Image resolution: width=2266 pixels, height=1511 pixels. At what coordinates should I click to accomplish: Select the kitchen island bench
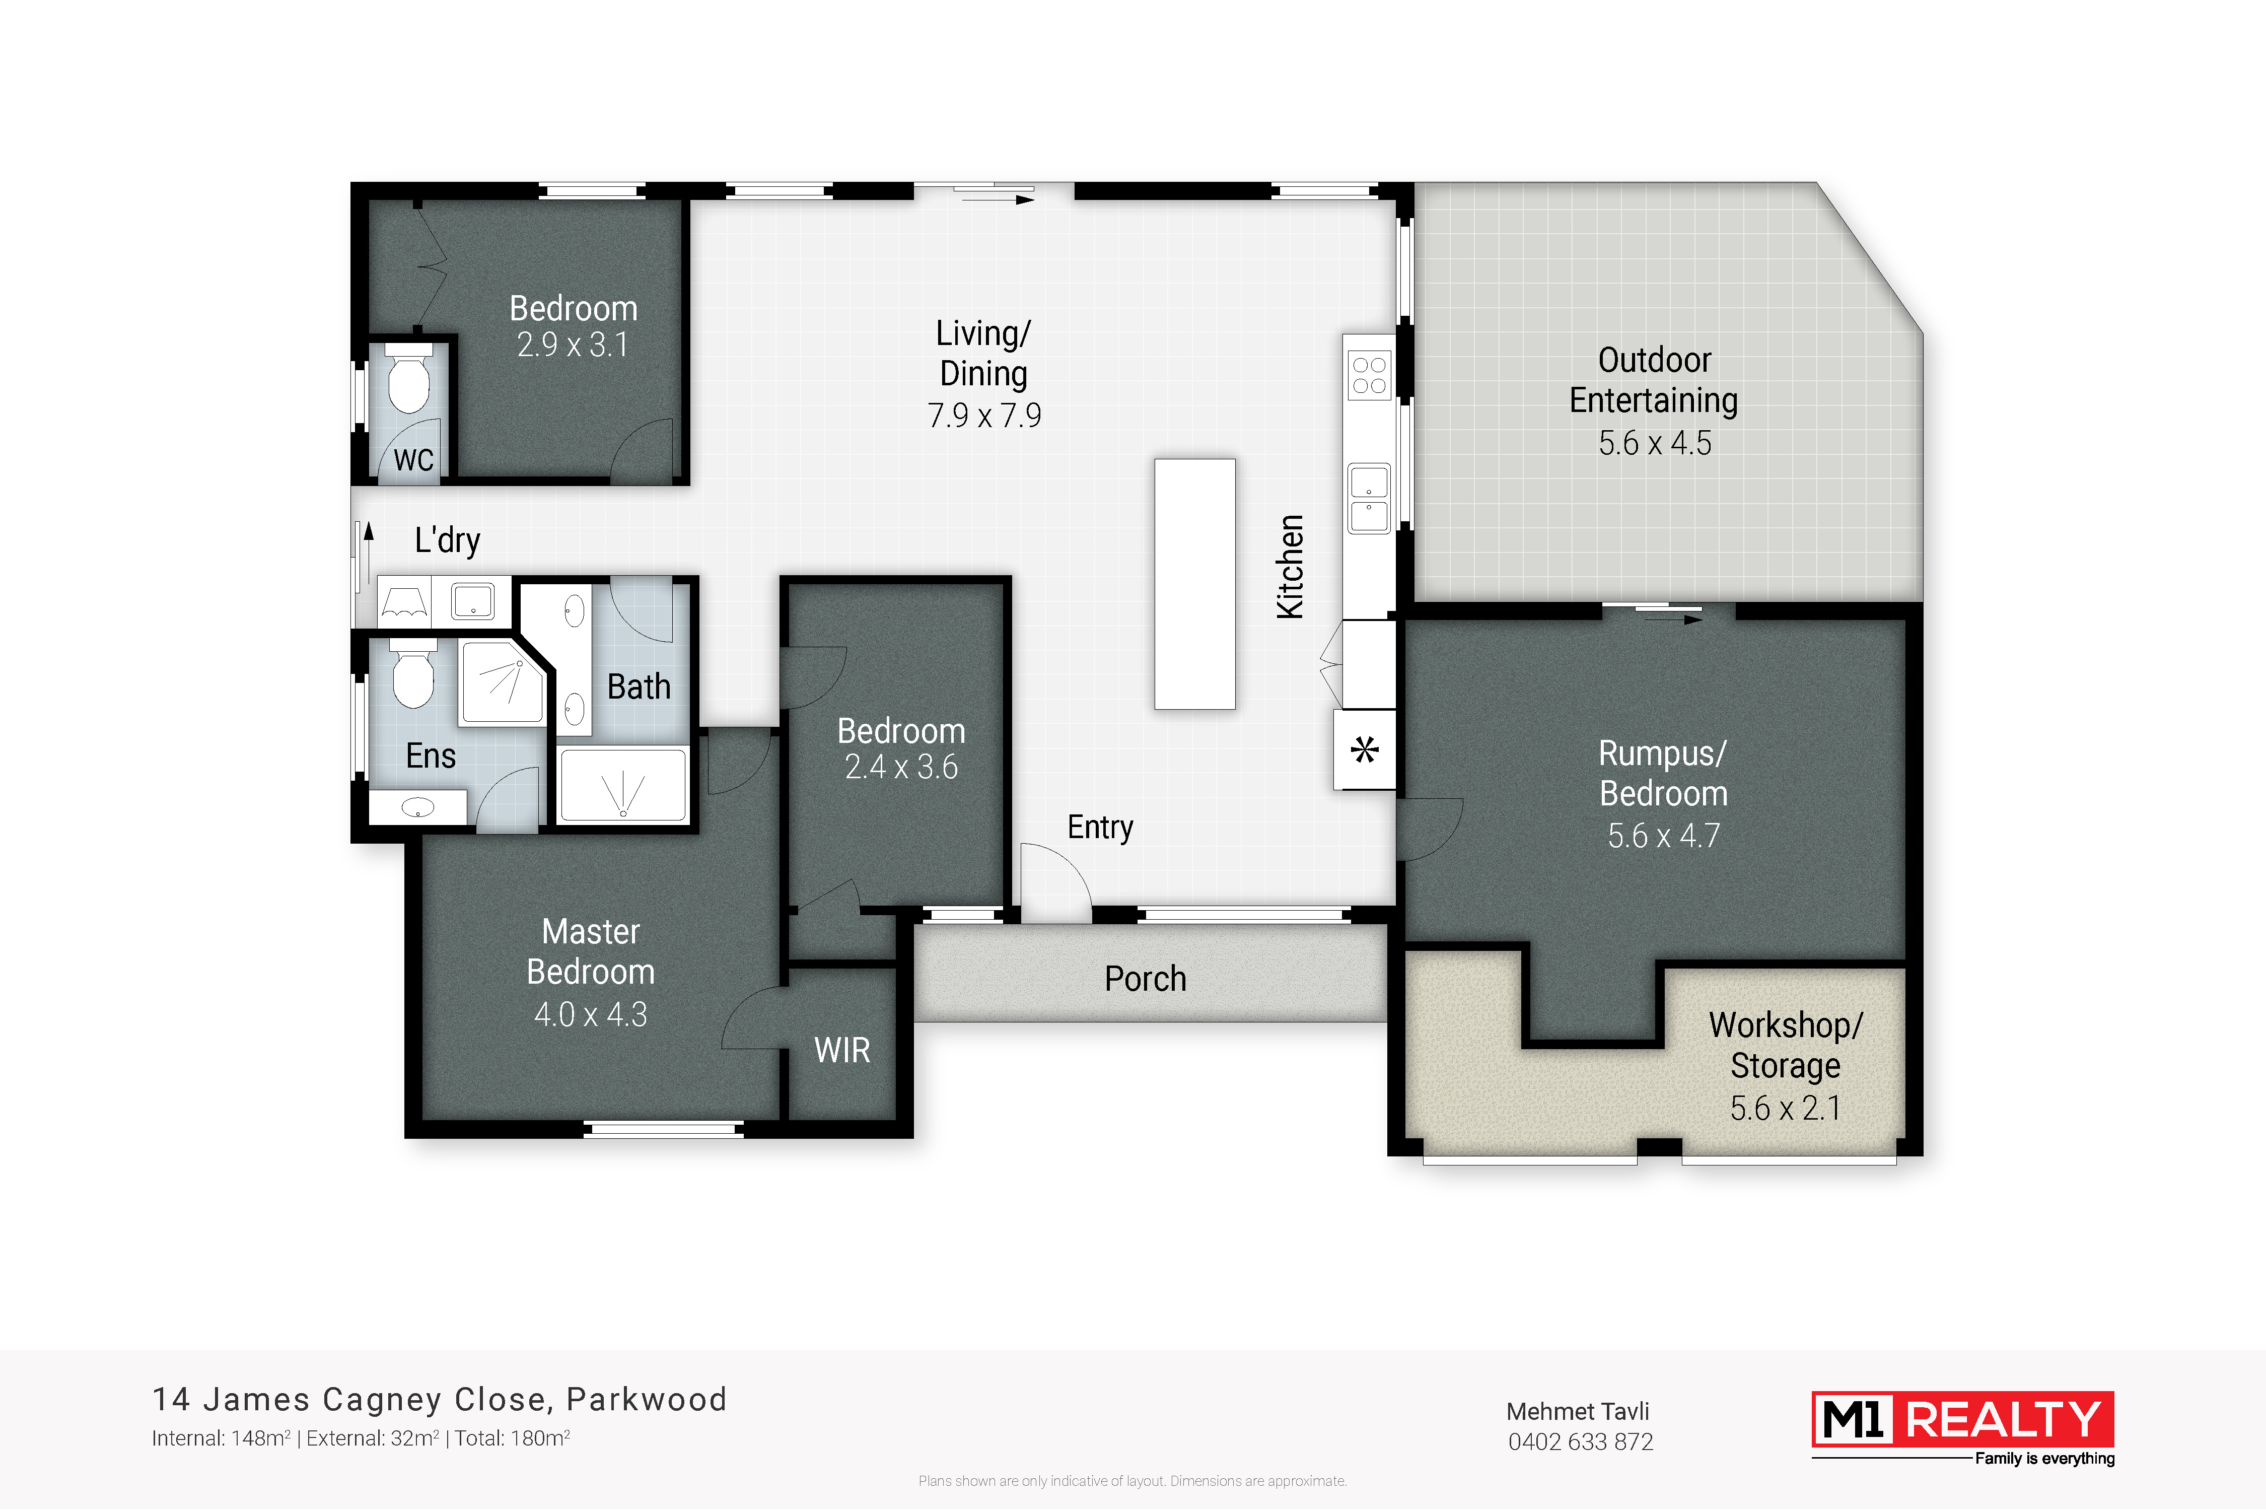pos(1194,584)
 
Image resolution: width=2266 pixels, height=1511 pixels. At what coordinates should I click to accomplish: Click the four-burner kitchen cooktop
pos(1369,375)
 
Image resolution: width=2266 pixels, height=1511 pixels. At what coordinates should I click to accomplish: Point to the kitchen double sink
pos(1369,498)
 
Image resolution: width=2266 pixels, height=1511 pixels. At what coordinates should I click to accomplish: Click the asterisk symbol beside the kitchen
pos(1364,750)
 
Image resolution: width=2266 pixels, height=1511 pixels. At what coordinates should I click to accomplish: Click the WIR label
pos(842,1050)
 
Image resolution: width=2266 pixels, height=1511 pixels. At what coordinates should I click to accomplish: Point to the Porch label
pos(1146,979)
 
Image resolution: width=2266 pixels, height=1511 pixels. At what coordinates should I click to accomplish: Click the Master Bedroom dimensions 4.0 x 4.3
pos(591,1015)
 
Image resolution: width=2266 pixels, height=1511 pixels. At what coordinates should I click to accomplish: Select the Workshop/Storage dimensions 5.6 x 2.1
pos(1785,1108)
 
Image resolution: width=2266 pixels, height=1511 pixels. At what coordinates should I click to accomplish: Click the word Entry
pos(1100,827)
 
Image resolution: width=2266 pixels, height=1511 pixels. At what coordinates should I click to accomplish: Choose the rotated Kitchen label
pos(1290,567)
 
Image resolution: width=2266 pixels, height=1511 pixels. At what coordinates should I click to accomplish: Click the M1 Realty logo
pos(1963,1428)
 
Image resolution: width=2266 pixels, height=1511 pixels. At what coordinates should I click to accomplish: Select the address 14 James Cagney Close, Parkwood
pos(439,1399)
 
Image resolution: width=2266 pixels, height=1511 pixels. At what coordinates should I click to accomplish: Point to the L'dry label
pos(447,540)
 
